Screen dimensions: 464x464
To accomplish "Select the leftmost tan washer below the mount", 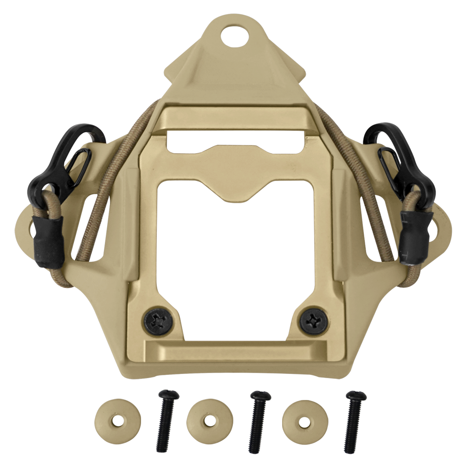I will tap(117, 421).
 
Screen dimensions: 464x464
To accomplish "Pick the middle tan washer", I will tap(209, 421).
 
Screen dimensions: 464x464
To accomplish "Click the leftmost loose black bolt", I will tap(166, 420).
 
